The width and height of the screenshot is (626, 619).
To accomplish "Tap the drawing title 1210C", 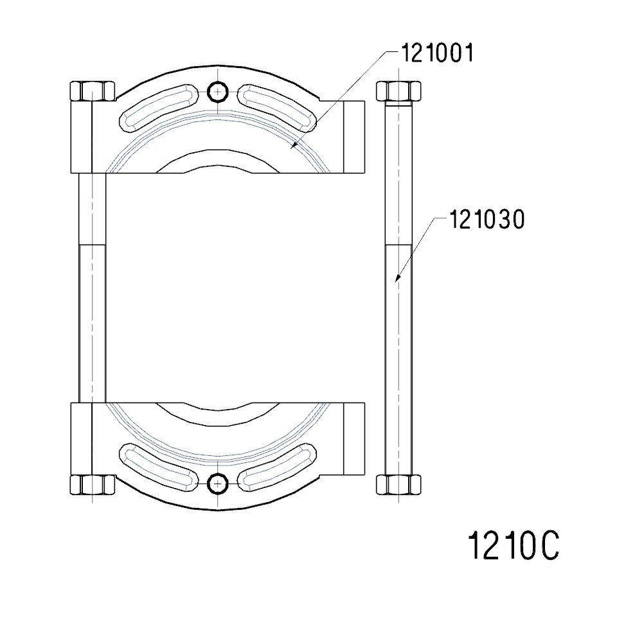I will coord(513,546).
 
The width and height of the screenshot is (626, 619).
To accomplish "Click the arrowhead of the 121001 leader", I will coord(292,148).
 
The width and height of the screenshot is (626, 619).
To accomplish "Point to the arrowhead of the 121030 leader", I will coord(397,280).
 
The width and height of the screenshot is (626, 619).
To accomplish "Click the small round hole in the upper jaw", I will coord(219,92).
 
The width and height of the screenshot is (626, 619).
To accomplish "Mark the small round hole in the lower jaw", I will coord(219,483).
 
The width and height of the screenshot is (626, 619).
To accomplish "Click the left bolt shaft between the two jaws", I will coord(92,289).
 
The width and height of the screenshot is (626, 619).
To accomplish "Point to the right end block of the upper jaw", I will coord(354,137).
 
